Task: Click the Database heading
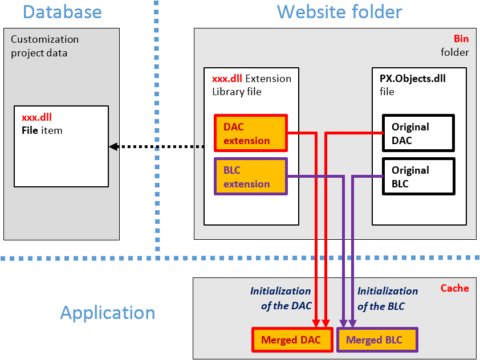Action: tap(62, 12)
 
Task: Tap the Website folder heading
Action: tap(339, 12)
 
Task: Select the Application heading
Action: tap(108, 313)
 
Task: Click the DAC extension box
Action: tap(251, 133)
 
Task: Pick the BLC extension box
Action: tap(251, 177)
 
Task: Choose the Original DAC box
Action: tap(418, 133)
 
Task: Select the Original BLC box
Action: tap(418, 177)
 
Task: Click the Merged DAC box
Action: tap(292, 340)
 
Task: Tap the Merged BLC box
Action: tap(377, 340)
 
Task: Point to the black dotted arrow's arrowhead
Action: tap(113, 146)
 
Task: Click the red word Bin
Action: tap(461, 39)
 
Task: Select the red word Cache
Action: tap(454, 288)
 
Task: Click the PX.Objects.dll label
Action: tap(412, 79)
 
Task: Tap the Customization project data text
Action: tap(44, 46)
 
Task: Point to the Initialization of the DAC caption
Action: tap(280, 298)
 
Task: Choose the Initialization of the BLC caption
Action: tap(388, 298)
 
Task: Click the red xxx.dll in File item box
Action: tap(36, 117)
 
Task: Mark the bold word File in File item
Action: tap(30, 130)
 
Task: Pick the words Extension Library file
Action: tap(251, 85)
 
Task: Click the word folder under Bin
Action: tap(454, 52)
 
